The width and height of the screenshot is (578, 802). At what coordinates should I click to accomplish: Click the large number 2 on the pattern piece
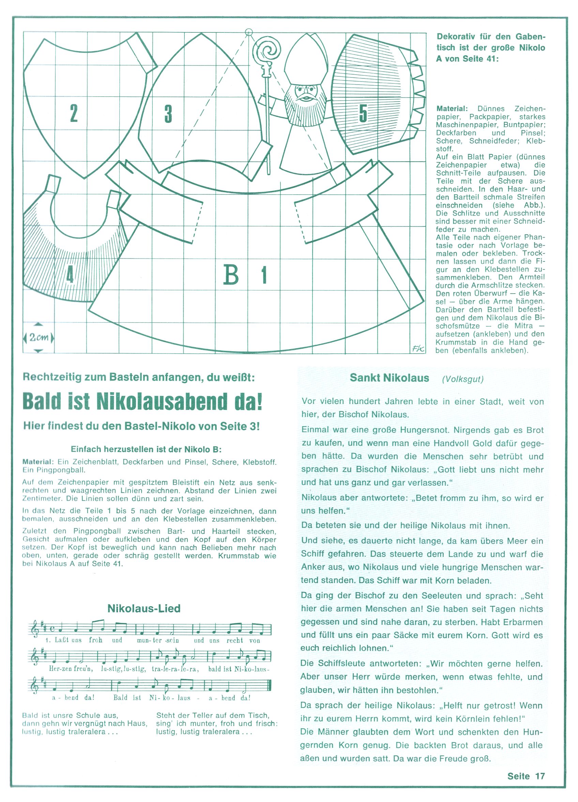point(74,113)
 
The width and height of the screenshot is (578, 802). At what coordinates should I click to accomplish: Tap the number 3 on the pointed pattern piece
point(168,114)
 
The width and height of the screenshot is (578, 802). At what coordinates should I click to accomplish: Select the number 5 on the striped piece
point(363,114)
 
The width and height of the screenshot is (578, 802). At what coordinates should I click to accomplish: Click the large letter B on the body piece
point(231,275)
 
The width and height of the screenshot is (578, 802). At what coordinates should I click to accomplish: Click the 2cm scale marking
point(39,337)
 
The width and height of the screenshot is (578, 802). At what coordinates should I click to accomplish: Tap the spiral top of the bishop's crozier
point(267,51)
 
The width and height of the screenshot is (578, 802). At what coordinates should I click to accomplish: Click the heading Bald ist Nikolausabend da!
point(142,401)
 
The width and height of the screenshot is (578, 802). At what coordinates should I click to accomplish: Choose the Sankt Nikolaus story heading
point(389,378)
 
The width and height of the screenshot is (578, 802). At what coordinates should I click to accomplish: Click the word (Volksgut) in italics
point(462,379)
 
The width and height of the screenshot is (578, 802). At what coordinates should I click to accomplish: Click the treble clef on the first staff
point(35,630)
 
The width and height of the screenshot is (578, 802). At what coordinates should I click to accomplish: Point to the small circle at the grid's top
point(249,32)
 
